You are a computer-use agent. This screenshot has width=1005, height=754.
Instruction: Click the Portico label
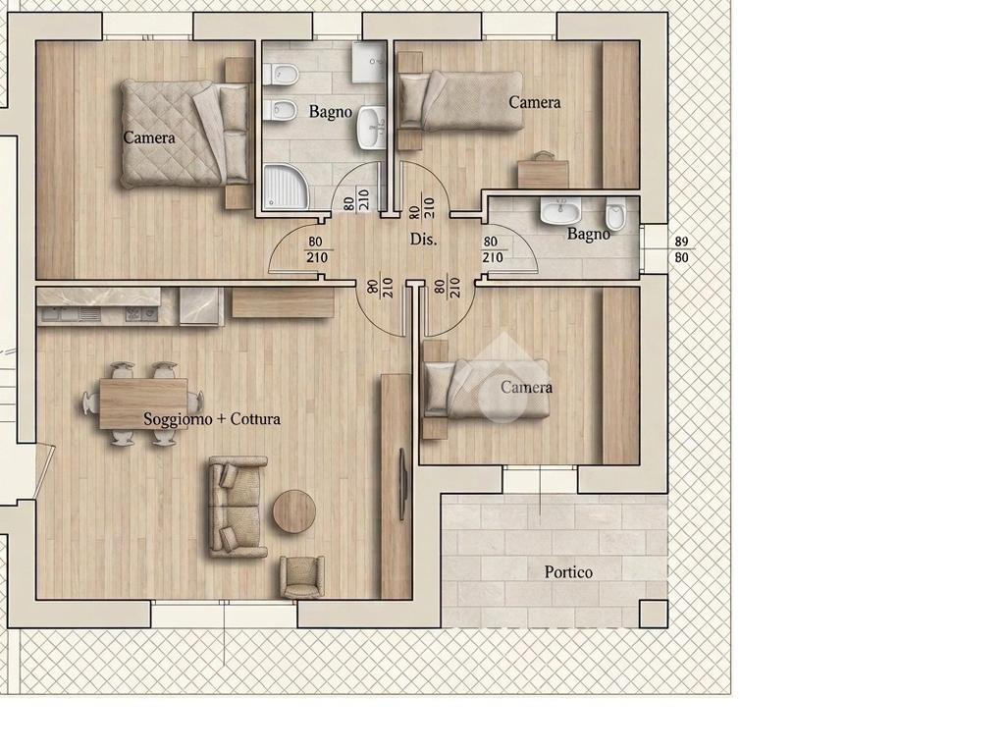point(568,572)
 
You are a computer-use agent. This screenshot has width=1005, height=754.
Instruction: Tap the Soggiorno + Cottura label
point(212,419)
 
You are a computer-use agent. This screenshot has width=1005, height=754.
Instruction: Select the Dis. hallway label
point(424,240)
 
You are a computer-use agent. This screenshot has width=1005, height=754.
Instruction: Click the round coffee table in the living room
point(294,511)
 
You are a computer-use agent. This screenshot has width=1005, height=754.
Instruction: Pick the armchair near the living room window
point(301,577)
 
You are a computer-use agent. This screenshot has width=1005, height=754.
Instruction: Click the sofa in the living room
point(238,508)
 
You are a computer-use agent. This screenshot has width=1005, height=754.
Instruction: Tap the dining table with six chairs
point(143,404)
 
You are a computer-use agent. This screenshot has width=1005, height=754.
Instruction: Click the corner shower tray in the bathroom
point(286,187)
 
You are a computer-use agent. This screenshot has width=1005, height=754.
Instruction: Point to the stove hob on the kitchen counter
point(141,314)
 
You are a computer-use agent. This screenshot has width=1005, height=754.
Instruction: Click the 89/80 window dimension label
point(682,249)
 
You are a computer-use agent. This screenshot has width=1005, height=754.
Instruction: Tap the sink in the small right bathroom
point(560,212)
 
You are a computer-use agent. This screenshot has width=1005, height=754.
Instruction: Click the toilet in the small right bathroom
point(615,214)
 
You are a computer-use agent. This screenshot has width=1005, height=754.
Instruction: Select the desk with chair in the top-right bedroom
point(544,169)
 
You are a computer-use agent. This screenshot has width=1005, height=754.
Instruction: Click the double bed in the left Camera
point(185,135)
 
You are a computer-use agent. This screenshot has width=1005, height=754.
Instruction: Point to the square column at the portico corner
point(654,615)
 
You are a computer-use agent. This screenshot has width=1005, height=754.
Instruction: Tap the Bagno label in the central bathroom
point(331,112)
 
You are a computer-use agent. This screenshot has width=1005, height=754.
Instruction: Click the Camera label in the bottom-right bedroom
point(526,387)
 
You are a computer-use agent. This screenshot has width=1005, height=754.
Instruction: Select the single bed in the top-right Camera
point(460,101)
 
